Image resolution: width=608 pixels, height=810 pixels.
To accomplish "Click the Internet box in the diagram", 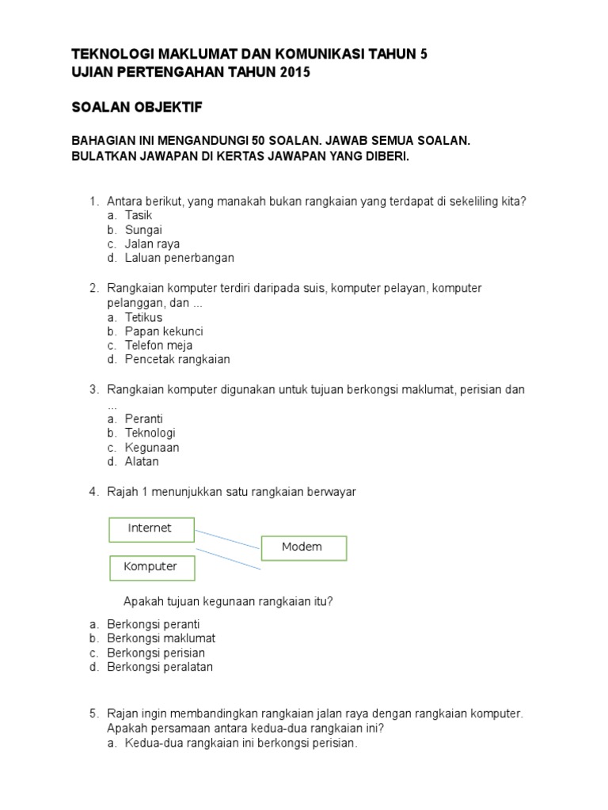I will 150,528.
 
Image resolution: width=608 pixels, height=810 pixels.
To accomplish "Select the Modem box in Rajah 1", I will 302,547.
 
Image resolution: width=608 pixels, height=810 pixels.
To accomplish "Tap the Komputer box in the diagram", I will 150,567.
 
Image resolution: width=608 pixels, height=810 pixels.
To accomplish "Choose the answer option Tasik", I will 138,215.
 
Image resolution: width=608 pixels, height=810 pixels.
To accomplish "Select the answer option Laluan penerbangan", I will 179,258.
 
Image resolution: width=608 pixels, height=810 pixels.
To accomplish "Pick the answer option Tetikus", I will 143,317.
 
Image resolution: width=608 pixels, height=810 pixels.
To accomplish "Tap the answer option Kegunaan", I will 152,448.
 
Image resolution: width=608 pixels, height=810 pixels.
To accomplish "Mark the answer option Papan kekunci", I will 164,331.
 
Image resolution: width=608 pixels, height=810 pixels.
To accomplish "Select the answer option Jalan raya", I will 152,244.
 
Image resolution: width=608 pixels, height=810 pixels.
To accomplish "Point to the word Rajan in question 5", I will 122,713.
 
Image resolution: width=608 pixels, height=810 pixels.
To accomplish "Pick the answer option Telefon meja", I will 158,346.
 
